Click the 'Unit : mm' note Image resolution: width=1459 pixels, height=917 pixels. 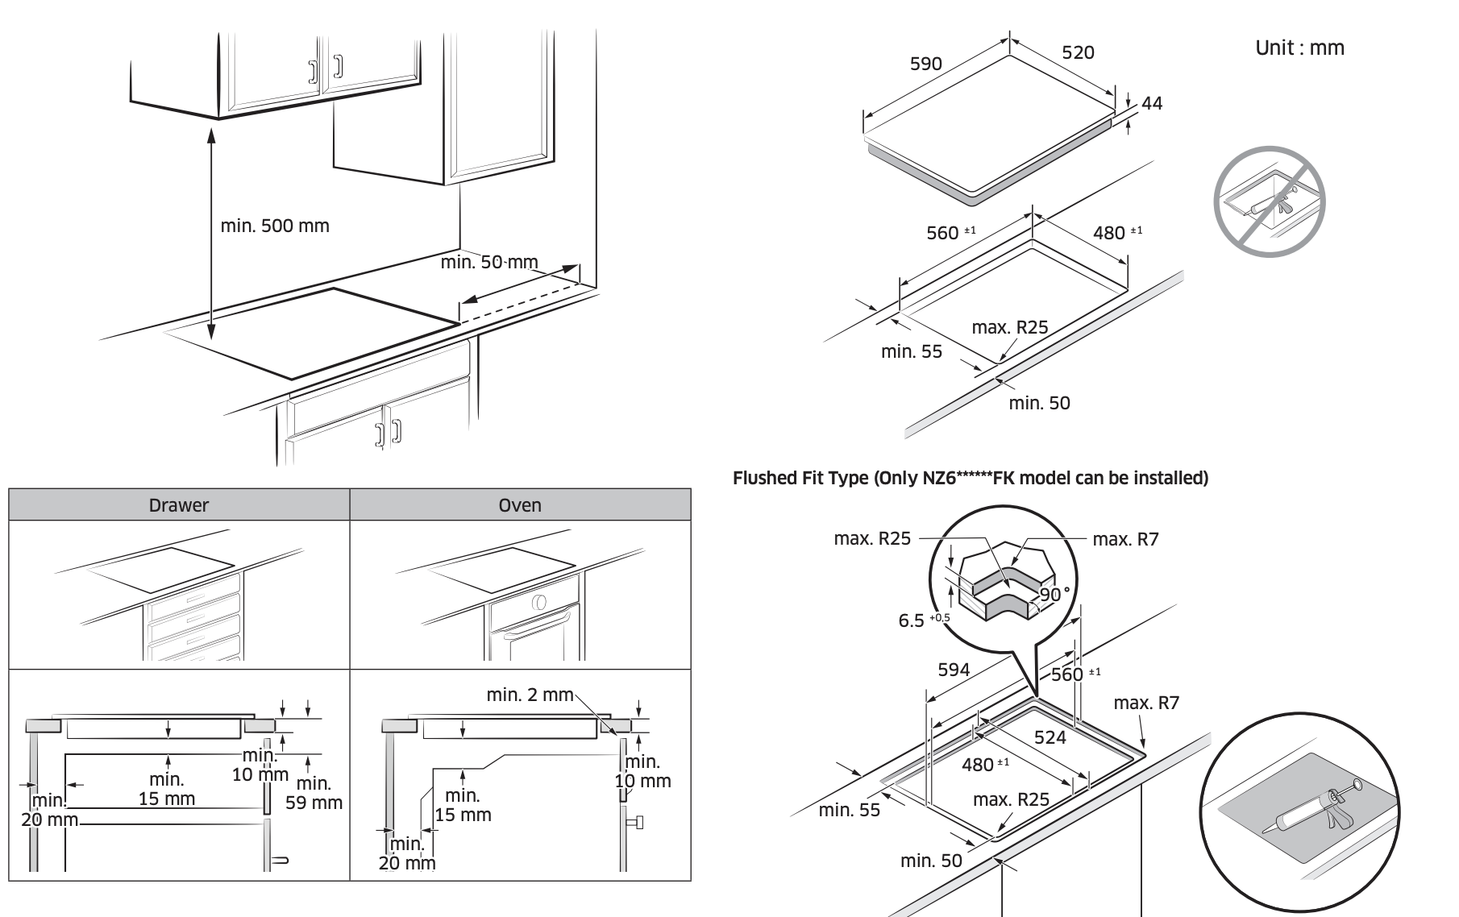pyautogui.click(x=1299, y=48)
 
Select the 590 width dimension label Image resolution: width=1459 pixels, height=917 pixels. pyautogui.click(x=925, y=64)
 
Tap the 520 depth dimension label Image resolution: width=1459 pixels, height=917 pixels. pyautogui.click(x=1078, y=52)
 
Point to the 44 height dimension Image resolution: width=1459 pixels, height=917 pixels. pyautogui.click(x=1152, y=103)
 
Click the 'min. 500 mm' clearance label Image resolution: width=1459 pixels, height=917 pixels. pyautogui.click(x=275, y=226)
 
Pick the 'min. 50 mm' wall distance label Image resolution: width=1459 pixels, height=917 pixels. pyautogui.click(x=489, y=262)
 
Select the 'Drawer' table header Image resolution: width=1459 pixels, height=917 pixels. pyautogui.click(x=179, y=505)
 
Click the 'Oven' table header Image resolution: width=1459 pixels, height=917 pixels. pyautogui.click(x=520, y=505)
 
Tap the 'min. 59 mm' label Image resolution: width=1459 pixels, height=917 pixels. pyautogui.click(x=314, y=793)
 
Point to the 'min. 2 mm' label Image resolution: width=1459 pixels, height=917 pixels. pyautogui.click(x=530, y=695)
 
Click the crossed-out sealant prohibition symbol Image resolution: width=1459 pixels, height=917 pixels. pyautogui.click(x=1269, y=202)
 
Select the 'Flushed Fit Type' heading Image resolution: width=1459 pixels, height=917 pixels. pyautogui.click(x=970, y=478)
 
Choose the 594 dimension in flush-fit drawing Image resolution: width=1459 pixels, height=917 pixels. pyautogui.click(x=954, y=670)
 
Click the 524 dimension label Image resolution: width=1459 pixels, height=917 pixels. pyautogui.click(x=1050, y=737)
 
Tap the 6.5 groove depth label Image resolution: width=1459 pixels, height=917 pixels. pyautogui.click(x=912, y=620)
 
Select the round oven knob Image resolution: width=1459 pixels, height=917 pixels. pyautogui.click(x=539, y=603)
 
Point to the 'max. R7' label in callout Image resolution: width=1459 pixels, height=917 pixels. pyautogui.click(x=1125, y=539)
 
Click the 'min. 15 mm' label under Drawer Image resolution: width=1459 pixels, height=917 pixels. pyautogui.click(x=166, y=789)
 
